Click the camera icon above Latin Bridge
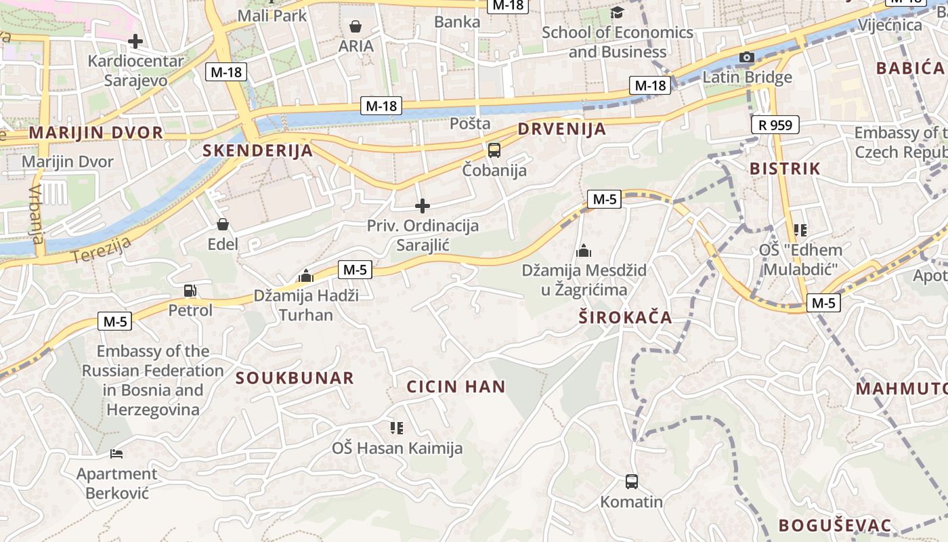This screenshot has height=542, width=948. pos(747,58)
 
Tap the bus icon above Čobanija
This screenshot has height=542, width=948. pos(494,150)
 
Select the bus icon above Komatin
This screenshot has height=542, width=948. pos(632,482)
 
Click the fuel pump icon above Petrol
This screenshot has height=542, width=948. pos(190,291)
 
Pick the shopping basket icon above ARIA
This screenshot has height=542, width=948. pos(355,26)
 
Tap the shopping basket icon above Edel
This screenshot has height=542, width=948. pos(223,224)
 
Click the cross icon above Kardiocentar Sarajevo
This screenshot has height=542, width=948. pos(135,41)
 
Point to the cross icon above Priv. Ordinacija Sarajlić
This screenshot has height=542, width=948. pos(423,205)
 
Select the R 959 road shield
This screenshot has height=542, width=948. pos(775,125)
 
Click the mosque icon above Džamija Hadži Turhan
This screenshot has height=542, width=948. pos(306,276)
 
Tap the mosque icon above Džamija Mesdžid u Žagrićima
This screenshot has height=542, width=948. pos(583,251)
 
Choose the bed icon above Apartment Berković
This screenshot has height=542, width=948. pos(116,453)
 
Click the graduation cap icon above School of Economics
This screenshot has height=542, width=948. pos(617,12)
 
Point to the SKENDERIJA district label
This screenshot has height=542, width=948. pos(258,151)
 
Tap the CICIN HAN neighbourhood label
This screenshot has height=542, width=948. pos(456,387)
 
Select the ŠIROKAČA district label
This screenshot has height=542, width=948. pos(625,317)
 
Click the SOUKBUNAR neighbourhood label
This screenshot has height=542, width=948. pos(295,378)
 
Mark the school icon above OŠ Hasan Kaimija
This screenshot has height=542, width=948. pos(397,428)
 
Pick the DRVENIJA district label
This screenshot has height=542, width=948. pos(561,129)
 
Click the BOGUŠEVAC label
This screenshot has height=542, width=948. pos(834,525)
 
